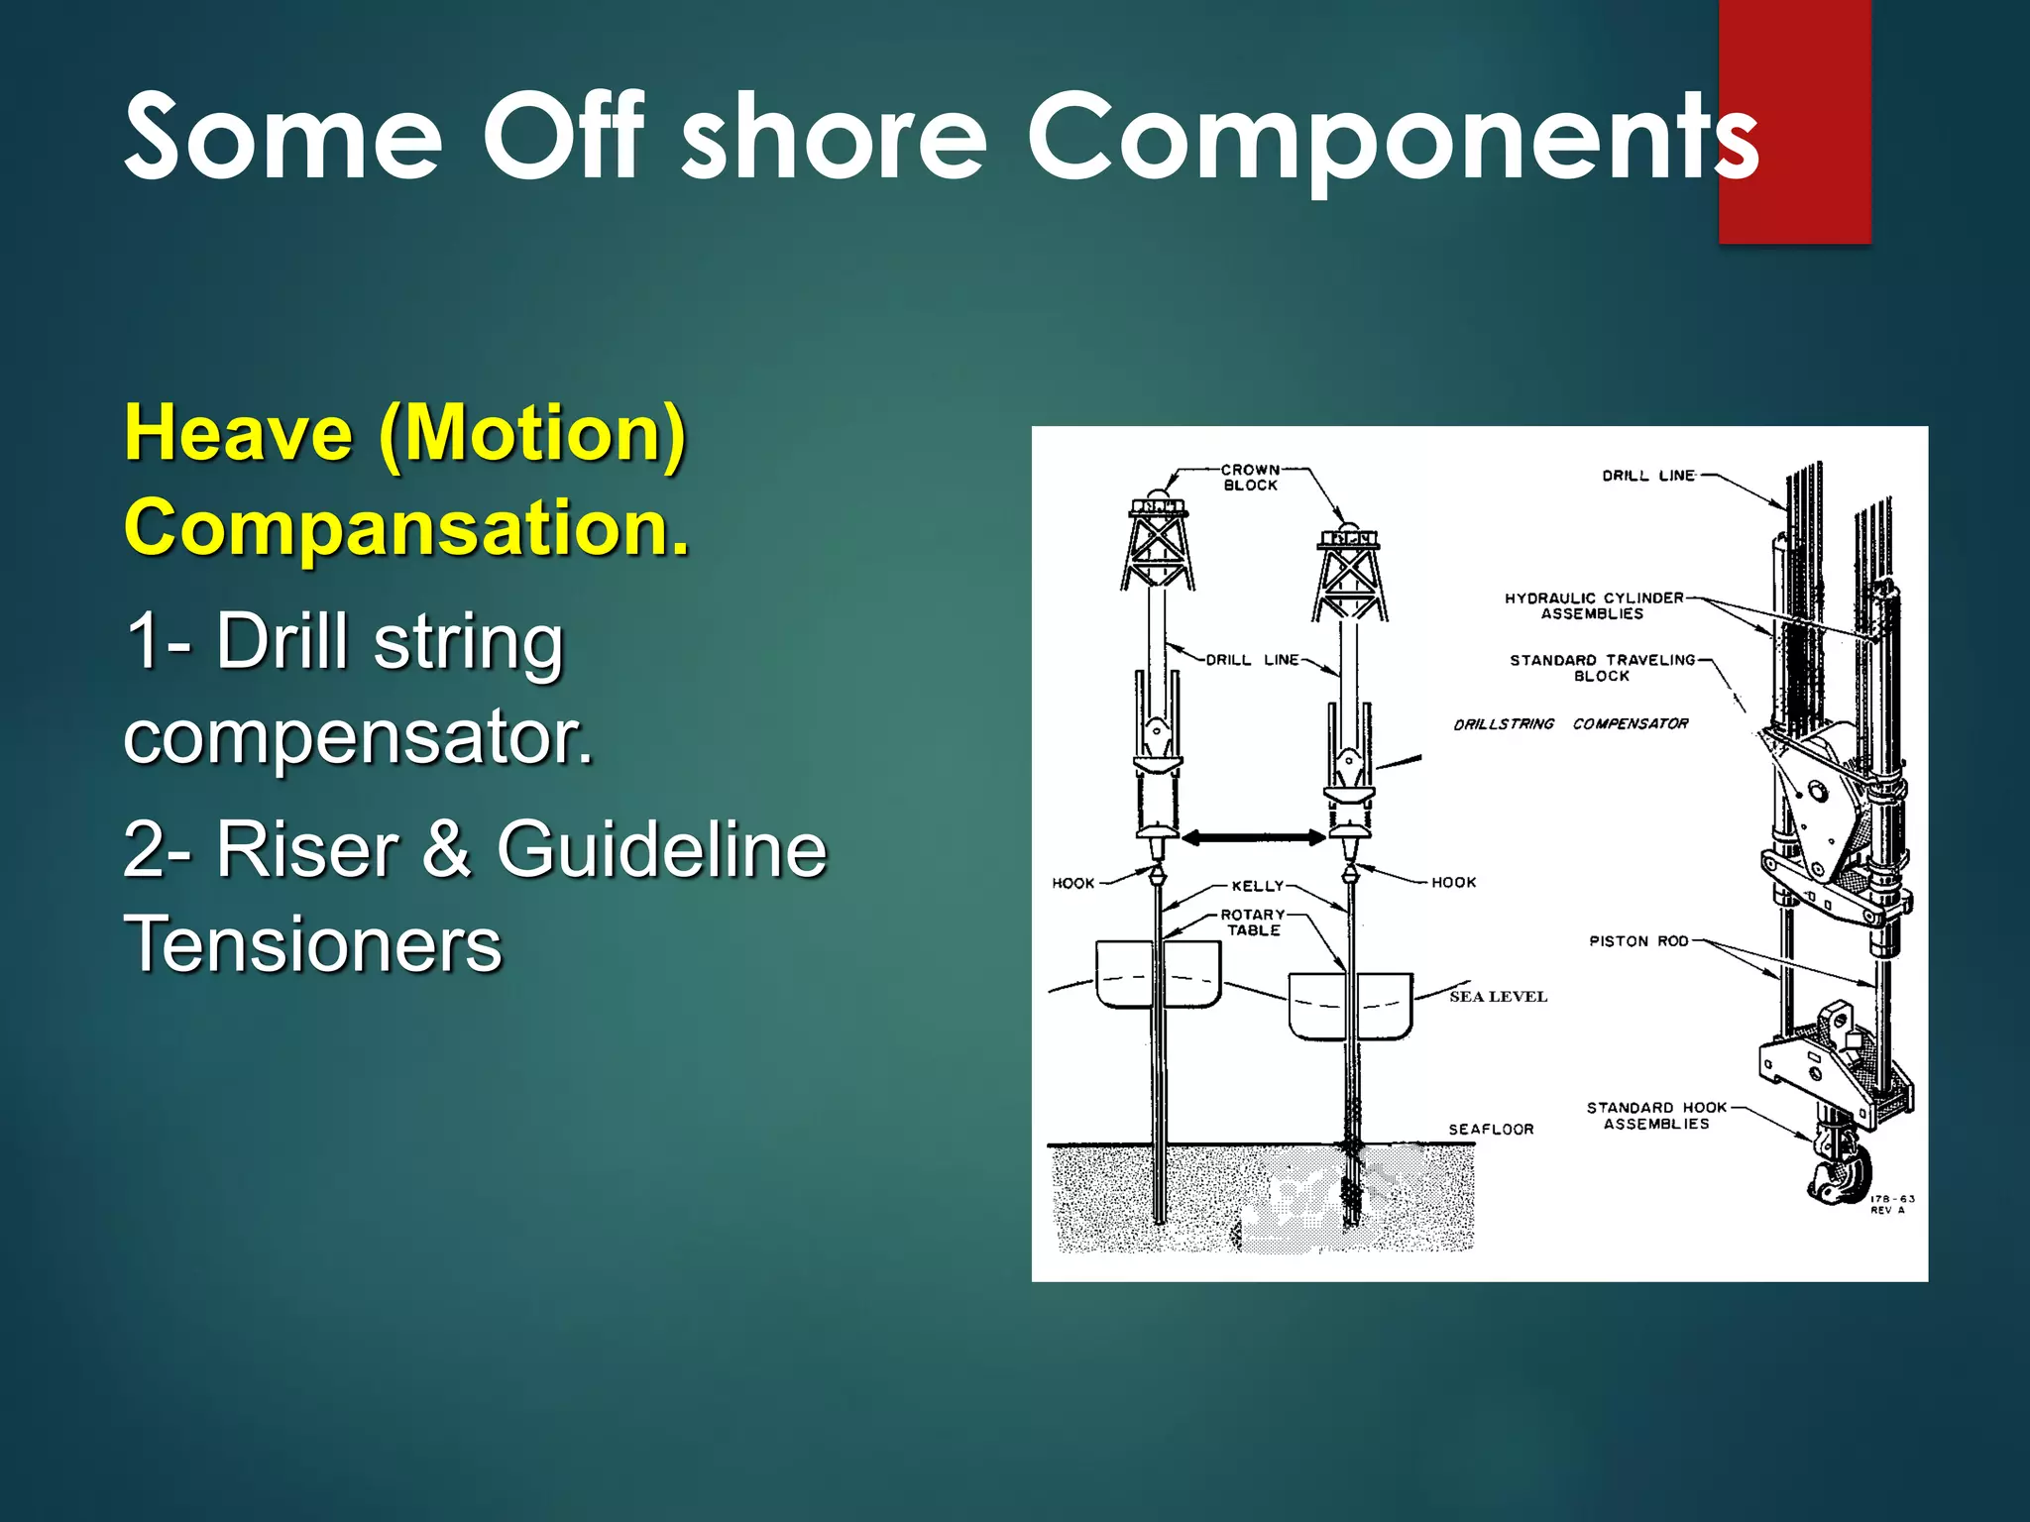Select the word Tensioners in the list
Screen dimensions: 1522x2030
point(313,944)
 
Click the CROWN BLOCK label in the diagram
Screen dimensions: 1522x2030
point(1250,477)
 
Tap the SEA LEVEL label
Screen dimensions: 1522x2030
point(1497,997)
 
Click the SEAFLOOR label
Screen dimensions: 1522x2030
point(1491,1130)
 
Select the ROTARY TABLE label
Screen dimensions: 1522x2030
point(1253,923)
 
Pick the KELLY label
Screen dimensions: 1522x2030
point(1257,886)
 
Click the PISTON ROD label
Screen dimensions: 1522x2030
point(1637,941)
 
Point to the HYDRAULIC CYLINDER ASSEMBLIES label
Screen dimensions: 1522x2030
point(1593,605)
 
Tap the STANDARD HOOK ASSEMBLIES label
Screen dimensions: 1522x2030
point(1656,1116)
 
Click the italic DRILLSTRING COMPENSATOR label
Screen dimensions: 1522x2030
point(1570,724)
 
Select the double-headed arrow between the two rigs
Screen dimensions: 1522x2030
point(1253,838)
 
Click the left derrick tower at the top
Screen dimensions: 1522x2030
point(1158,550)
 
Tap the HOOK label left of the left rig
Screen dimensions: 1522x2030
point(1072,883)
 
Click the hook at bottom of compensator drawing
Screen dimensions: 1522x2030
point(1838,1169)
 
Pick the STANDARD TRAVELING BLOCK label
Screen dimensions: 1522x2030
point(1602,668)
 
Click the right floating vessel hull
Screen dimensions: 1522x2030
point(1350,1006)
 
